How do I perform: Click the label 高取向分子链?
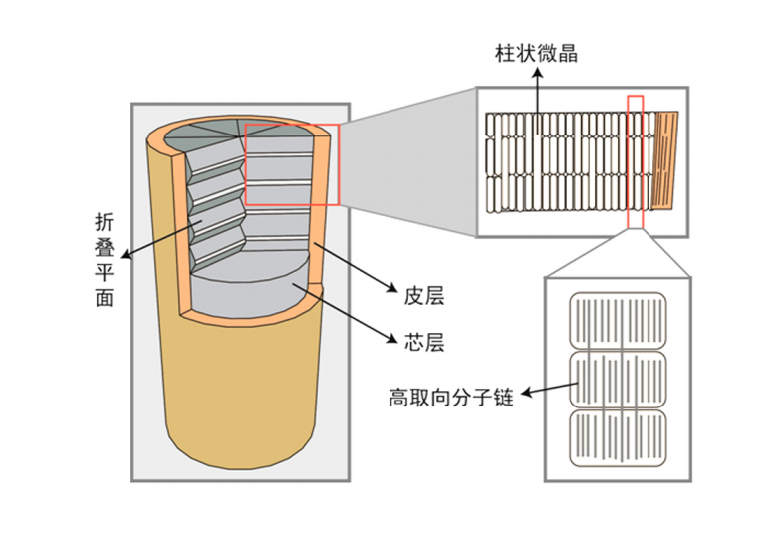pyautogui.click(x=450, y=398)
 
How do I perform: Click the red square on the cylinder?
pyautogui.click(x=292, y=164)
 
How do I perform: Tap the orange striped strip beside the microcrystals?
pyautogui.click(x=665, y=159)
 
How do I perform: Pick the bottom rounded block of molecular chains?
pyautogui.click(x=617, y=438)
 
